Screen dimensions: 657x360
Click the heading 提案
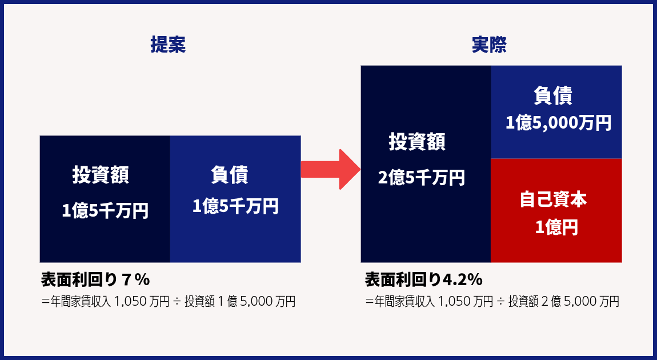(168, 45)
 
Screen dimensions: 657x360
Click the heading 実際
(489, 45)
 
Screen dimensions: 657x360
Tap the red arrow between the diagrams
(331, 169)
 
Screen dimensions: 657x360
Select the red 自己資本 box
(556, 210)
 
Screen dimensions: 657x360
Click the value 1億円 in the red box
(556, 227)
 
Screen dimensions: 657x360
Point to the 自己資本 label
(553, 199)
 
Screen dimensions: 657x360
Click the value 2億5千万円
(422, 178)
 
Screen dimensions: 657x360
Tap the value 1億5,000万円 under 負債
(558, 123)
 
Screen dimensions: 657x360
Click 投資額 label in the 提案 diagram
(101, 175)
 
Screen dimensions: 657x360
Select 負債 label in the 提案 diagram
(230, 175)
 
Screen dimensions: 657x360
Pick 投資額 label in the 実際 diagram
(417, 142)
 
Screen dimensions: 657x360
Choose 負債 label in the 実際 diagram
(553, 95)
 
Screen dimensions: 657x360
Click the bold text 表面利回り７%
(95, 279)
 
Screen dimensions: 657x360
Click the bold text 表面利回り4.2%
(423, 279)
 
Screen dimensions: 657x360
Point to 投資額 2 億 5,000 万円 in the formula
(563, 301)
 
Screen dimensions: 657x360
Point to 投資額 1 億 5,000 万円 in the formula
(240, 301)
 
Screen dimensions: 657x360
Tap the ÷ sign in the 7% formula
(177, 302)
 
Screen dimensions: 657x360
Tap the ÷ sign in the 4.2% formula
(500, 302)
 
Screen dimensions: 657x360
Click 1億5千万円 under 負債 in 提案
(235, 207)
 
